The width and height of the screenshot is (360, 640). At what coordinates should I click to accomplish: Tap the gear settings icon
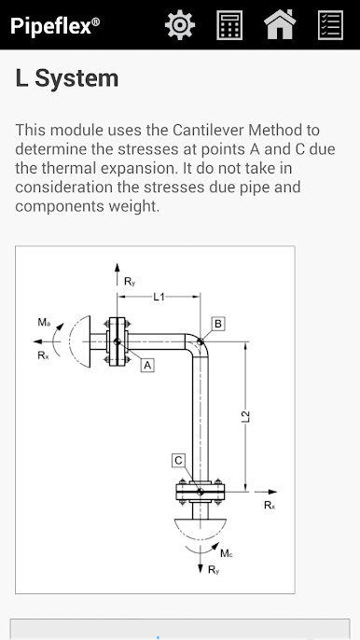click(x=180, y=25)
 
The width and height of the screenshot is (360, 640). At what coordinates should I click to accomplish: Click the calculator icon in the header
click(x=229, y=25)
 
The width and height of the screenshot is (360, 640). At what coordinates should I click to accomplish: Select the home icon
click(x=280, y=24)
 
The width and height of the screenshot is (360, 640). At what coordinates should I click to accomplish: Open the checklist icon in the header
click(x=330, y=25)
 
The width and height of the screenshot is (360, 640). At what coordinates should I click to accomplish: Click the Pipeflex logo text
click(x=55, y=26)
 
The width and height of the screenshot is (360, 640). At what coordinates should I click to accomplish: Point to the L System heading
click(x=67, y=78)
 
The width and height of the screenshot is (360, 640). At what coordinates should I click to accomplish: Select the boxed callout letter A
click(x=147, y=366)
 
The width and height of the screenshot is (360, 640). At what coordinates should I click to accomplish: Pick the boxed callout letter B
click(x=218, y=324)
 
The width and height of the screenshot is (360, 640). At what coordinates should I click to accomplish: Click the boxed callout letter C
click(x=178, y=461)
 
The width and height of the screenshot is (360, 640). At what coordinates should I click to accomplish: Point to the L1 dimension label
click(x=159, y=297)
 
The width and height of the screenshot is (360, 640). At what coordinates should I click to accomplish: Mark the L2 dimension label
click(x=245, y=416)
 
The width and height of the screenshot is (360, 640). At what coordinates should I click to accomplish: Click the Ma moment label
click(x=44, y=323)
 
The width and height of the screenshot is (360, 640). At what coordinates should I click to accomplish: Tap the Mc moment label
click(x=227, y=553)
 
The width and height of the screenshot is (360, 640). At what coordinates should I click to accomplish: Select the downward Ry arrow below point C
click(x=200, y=558)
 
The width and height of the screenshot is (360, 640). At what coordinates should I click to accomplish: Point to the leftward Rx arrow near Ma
click(x=47, y=341)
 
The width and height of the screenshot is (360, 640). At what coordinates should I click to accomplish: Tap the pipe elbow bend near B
click(x=200, y=343)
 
